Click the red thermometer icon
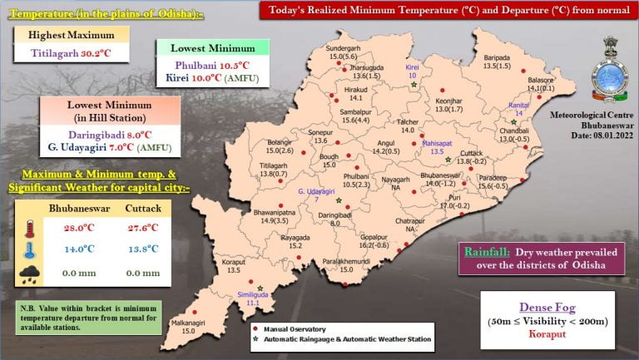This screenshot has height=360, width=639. (31, 229)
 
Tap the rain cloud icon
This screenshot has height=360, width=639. (31, 272)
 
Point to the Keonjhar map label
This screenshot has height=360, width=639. (448, 99)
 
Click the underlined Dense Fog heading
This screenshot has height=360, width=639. (547, 306)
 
